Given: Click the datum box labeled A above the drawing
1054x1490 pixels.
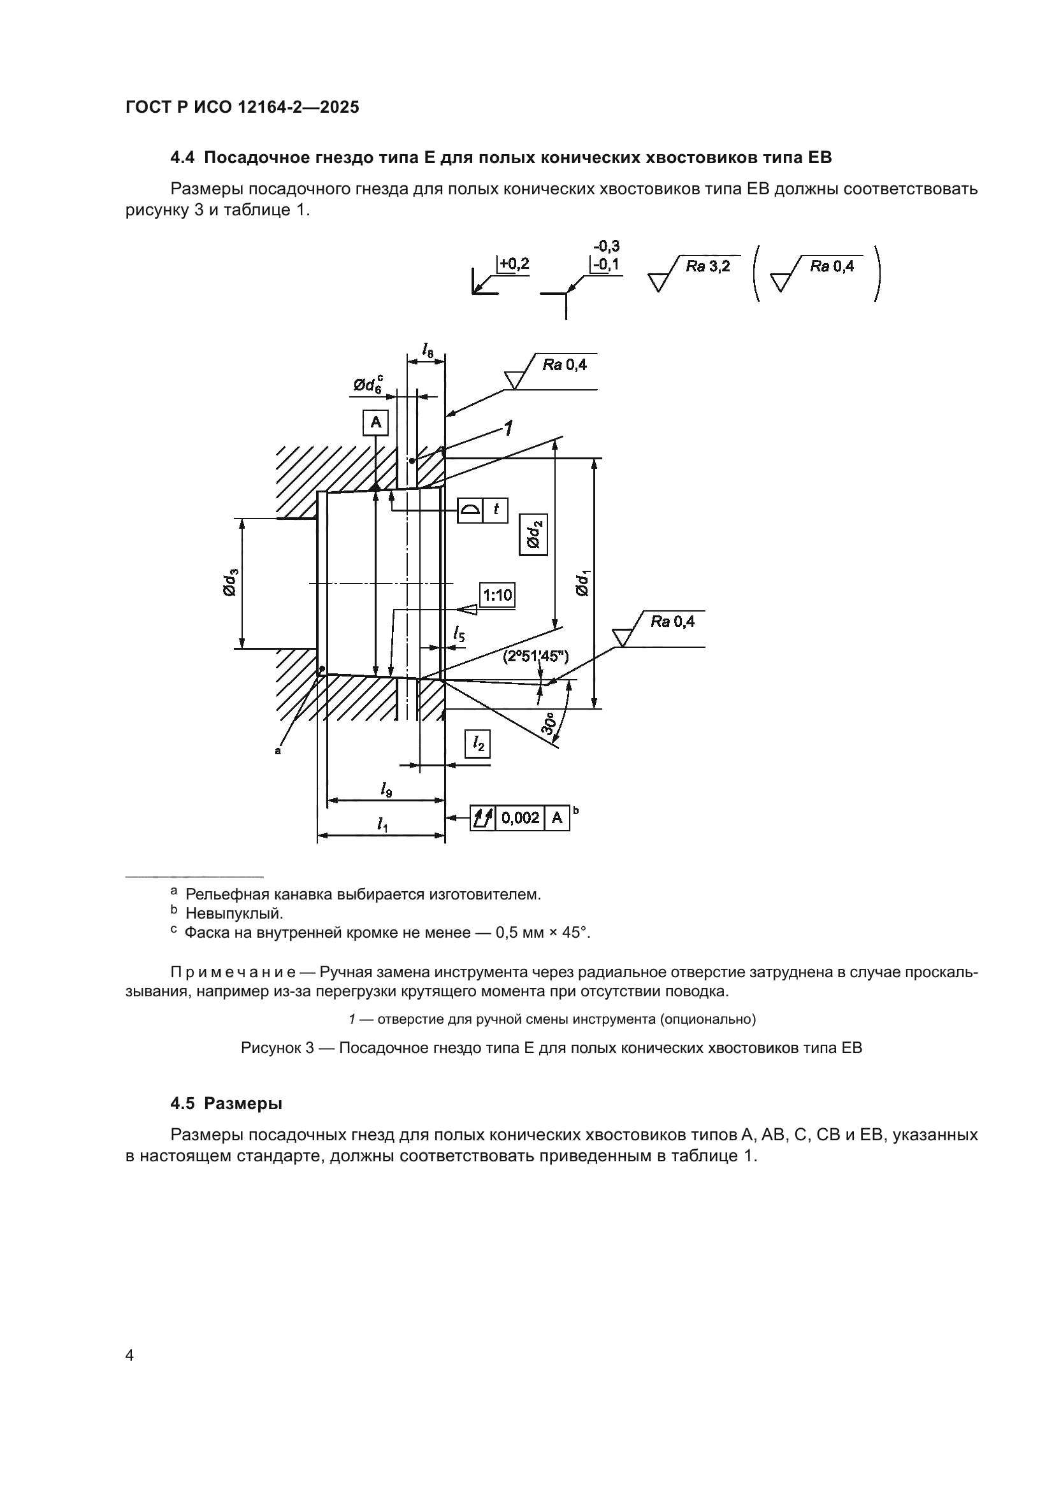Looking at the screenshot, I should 375,422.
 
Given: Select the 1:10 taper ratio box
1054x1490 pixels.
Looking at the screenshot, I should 497,594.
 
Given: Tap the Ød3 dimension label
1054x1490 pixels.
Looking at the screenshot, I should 231,582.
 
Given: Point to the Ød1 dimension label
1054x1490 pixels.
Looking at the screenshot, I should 582,582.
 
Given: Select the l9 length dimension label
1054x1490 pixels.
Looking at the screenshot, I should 386,790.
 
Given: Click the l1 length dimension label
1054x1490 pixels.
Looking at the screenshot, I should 382,824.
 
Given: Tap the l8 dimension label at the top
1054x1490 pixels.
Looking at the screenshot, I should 427,351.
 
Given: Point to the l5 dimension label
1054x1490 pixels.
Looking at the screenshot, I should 459,633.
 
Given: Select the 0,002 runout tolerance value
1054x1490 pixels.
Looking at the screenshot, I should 521,818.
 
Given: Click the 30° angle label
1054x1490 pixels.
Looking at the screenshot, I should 551,724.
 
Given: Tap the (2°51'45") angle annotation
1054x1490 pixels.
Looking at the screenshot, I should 535,656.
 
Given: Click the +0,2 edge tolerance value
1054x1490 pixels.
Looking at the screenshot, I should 514,264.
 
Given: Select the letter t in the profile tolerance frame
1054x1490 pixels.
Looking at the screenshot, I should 496,510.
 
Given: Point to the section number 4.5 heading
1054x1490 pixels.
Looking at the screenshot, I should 184,1103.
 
